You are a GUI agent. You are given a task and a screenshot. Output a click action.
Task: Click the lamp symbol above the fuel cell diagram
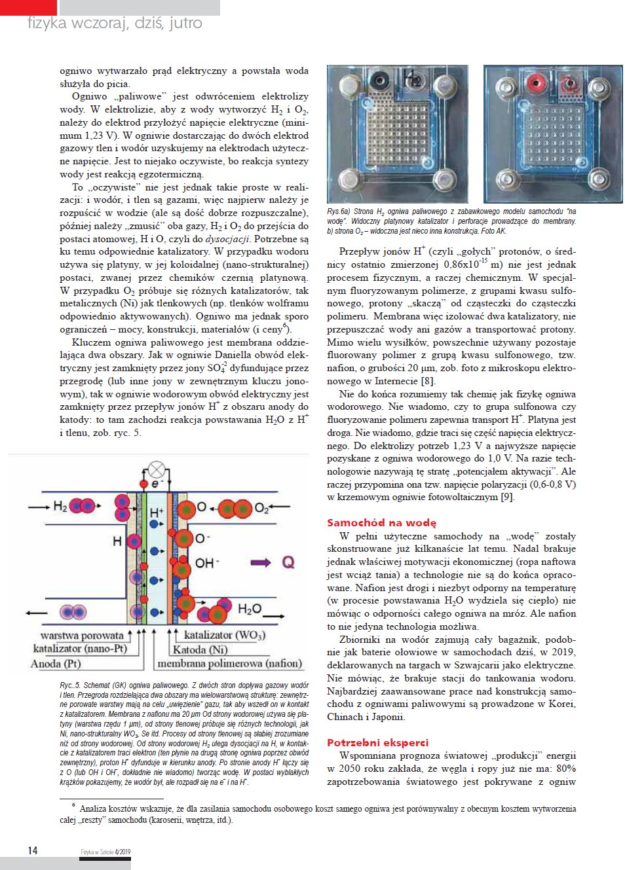pyautogui.click(x=156, y=469)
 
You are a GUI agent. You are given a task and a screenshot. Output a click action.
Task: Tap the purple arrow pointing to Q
pyautogui.click(x=260, y=562)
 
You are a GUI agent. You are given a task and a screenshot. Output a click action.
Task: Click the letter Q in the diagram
pyautogui.click(x=288, y=562)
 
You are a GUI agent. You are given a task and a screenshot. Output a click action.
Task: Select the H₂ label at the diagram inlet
pyautogui.click(x=60, y=506)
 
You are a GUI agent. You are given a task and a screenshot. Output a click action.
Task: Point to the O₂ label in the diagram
pyautogui.click(x=261, y=508)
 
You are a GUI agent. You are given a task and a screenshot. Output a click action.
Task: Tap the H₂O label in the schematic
pyautogui.click(x=250, y=609)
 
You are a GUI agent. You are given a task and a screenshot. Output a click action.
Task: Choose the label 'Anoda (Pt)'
pyautogui.click(x=56, y=663)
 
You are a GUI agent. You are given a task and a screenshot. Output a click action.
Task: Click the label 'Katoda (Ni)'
pyautogui.click(x=200, y=649)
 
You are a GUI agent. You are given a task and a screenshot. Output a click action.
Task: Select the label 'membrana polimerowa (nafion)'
pyautogui.click(x=229, y=663)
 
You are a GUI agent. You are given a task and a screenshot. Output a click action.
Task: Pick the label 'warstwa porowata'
pyautogui.click(x=82, y=635)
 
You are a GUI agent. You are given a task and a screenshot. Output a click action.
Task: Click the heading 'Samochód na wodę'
pyautogui.click(x=381, y=522)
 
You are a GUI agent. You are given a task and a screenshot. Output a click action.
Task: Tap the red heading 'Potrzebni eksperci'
pyautogui.click(x=377, y=742)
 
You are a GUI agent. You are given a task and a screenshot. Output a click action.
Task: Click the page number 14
pyautogui.click(x=33, y=850)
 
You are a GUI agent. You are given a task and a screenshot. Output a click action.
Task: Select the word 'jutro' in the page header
pyautogui.click(x=185, y=23)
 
